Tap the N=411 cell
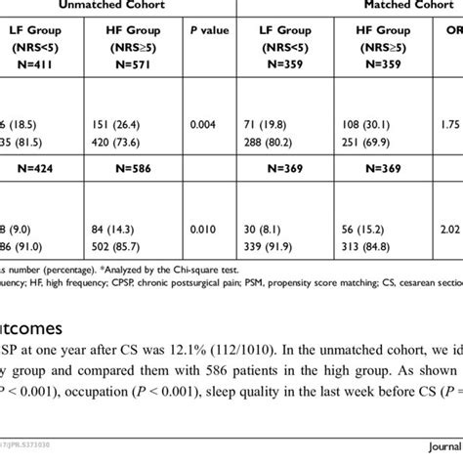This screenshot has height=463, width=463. (x=30, y=71)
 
